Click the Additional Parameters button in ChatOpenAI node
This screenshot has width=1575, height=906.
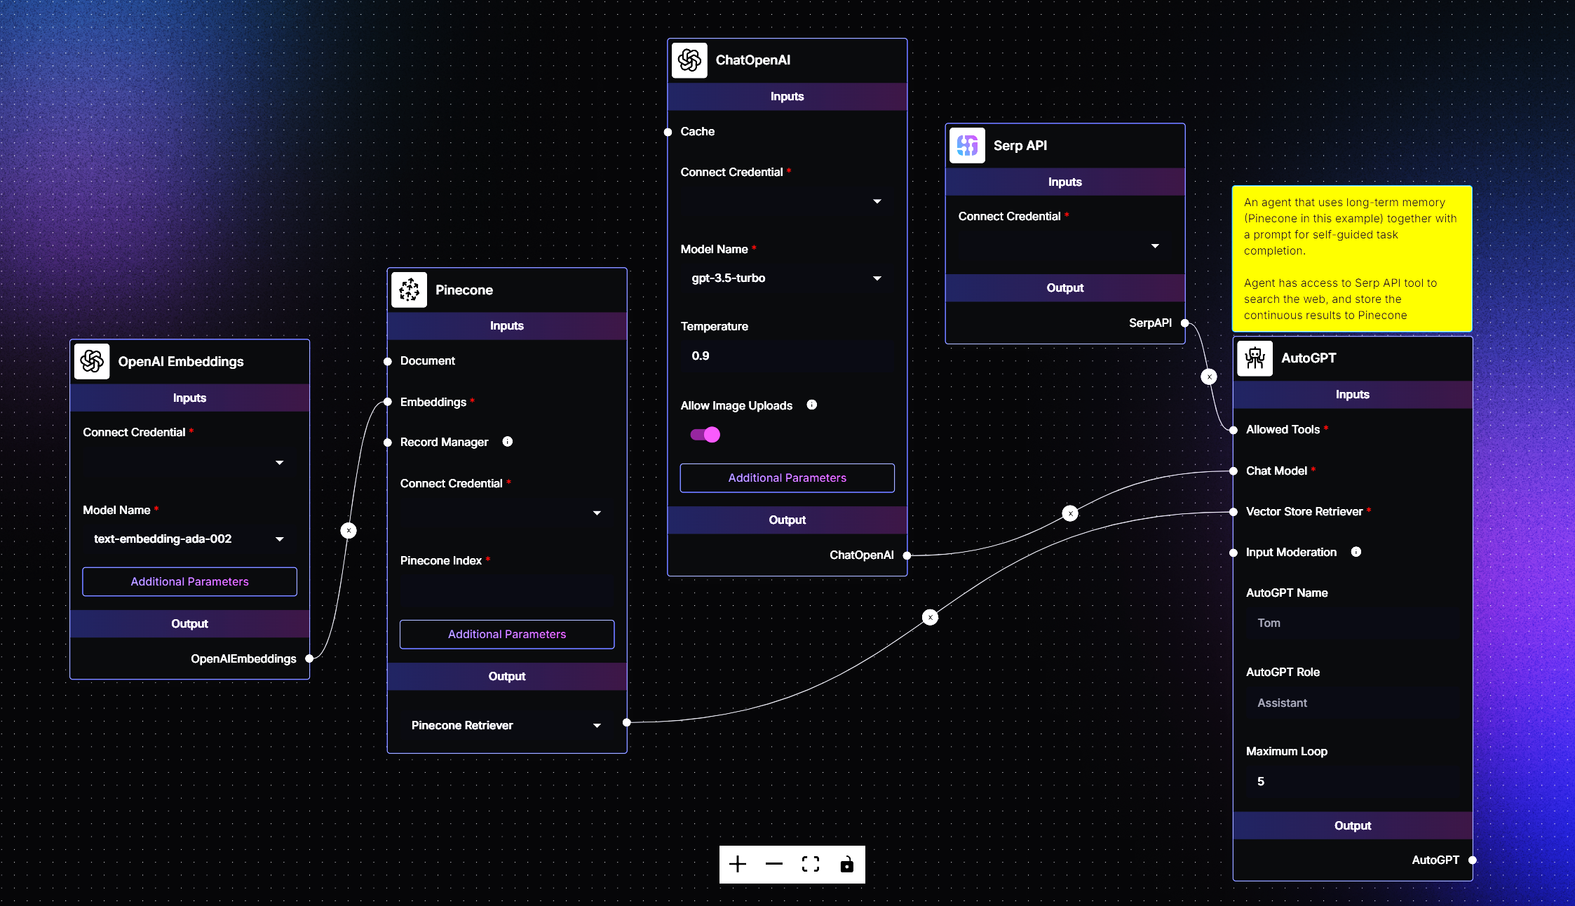(787, 478)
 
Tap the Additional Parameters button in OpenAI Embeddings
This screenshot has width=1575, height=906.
(189, 581)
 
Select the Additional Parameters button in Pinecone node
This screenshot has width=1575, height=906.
(506, 634)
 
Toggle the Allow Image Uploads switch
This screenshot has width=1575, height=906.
(705, 435)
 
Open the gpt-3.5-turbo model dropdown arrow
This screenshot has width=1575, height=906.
(877, 278)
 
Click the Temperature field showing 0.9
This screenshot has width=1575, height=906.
(787, 356)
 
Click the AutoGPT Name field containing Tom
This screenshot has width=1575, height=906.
(1352, 623)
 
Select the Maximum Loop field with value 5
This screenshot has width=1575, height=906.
(1352, 781)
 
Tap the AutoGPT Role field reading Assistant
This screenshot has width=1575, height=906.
(1352, 703)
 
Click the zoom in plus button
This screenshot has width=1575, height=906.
(738, 865)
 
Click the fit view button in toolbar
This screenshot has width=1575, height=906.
(811, 865)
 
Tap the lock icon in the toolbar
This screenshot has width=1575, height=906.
(847, 865)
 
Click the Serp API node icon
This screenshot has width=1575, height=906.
(967, 145)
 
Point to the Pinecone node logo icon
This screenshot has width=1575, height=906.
(409, 290)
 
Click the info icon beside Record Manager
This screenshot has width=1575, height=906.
(508, 442)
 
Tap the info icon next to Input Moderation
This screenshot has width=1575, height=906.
(1356, 552)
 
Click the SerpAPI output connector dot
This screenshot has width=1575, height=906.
(1184, 323)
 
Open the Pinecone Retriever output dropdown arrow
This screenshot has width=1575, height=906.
(597, 726)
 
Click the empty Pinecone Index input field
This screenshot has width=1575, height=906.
(506, 590)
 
